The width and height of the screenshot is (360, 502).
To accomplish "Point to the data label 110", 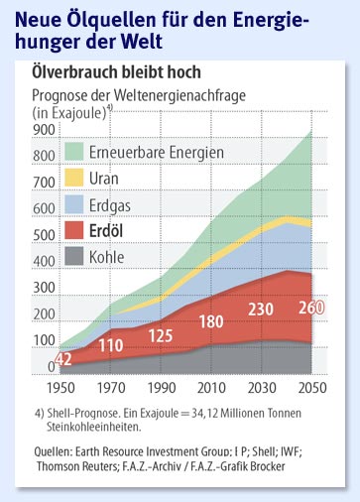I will tap(109, 345).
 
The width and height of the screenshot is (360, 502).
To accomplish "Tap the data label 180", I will tap(212, 321).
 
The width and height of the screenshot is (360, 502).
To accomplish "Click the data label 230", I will tap(263, 309).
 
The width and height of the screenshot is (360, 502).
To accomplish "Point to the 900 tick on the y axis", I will tap(43, 129).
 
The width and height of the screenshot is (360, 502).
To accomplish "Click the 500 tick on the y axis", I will tap(43, 235).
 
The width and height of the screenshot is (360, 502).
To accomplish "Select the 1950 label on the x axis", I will tap(60, 386).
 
